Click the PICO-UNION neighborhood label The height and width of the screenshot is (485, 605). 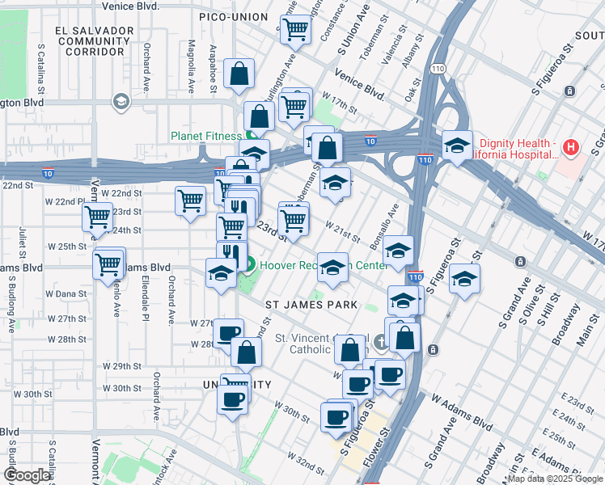[x=235, y=16]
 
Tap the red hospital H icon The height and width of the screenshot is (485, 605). [x=571, y=147]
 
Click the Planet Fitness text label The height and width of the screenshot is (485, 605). [x=205, y=136]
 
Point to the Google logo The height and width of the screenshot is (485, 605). [x=27, y=475]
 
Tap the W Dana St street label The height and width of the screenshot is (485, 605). [x=66, y=293]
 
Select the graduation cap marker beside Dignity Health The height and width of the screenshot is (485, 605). [x=458, y=146]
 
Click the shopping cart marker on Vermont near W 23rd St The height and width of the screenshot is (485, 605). [x=97, y=217]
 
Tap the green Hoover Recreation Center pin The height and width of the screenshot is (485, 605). [x=250, y=264]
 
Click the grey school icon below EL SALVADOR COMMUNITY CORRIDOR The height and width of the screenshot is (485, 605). [x=121, y=102]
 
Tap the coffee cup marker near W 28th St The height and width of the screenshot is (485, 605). [x=229, y=333]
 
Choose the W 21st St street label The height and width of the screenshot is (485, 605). [x=343, y=231]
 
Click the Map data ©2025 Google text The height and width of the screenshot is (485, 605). [x=556, y=478]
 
